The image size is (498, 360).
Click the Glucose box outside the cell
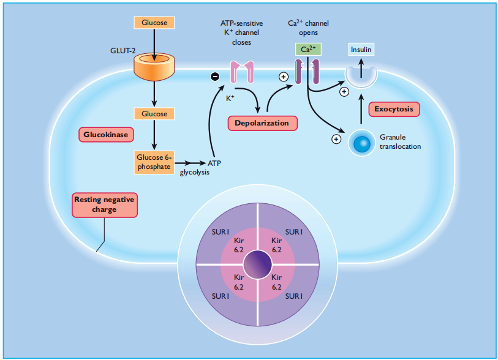[154, 23]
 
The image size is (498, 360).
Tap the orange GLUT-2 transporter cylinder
[154, 66]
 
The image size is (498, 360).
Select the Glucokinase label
[106, 135]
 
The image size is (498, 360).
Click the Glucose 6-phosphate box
[154, 162]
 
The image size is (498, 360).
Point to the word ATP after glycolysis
[214, 163]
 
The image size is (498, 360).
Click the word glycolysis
[195, 173]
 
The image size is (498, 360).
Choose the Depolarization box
[262, 123]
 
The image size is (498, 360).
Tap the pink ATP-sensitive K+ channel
[242, 72]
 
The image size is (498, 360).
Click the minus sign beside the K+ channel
[215, 76]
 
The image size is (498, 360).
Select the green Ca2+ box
[308, 50]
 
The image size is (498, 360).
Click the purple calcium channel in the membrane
[307, 72]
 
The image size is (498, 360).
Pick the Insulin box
[361, 50]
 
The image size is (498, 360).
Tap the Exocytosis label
[394, 109]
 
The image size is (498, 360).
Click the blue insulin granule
[362, 143]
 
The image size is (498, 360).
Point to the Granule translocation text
[400, 141]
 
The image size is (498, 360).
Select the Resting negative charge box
[105, 204]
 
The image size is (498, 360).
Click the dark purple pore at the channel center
[257, 264]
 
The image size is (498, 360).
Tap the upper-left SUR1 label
[221, 232]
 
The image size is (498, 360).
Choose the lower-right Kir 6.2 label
[277, 282]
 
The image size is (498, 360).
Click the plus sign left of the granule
[336, 139]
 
